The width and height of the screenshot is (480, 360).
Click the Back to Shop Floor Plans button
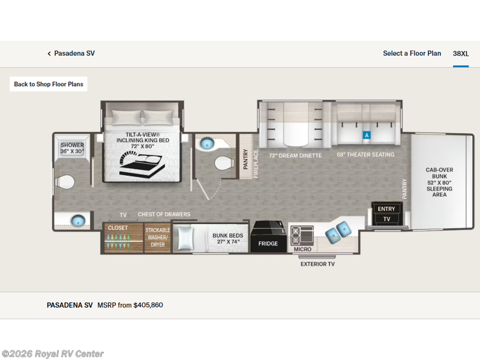click(x=49, y=84)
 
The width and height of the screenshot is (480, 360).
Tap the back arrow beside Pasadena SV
click(x=49, y=53)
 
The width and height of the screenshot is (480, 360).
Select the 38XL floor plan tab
click(x=461, y=53)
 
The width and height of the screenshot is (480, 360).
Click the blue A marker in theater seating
click(x=367, y=136)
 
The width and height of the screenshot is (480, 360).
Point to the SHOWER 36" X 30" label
click(x=72, y=148)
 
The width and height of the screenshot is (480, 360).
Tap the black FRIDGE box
click(x=268, y=243)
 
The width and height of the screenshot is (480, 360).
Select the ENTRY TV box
click(x=386, y=214)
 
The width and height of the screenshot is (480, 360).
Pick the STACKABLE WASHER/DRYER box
click(x=158, y=237)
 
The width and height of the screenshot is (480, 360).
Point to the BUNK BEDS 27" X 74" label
click(x=226, y=239)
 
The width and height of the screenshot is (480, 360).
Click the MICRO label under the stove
click(x=302, y=249)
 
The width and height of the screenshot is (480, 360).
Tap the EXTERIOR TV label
click(x=318, y=264)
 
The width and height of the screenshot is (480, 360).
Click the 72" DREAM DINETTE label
click(x=295, y=155)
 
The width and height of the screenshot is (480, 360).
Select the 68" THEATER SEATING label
click(x=365, y=155)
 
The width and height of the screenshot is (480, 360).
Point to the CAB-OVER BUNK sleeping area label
click(x=439, y=182)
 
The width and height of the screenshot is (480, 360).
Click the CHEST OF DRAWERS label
click(x=164, y=214)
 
